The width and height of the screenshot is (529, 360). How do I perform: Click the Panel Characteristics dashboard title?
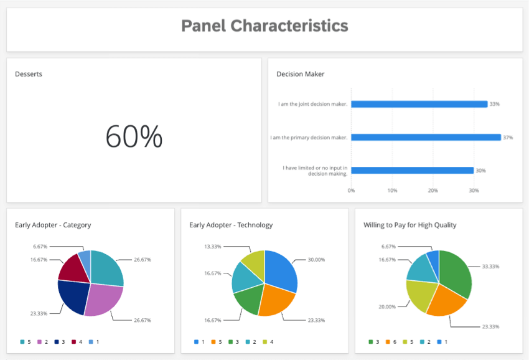point(264,26)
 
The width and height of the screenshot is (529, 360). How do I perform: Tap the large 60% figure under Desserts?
point(134,136)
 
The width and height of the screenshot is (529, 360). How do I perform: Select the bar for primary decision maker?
point(426,137)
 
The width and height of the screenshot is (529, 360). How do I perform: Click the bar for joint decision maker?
point(419,104)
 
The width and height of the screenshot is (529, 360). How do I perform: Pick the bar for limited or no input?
point(413,170)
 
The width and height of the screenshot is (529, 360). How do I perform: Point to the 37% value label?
point(508,138)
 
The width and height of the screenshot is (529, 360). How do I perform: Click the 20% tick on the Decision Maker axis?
point(433,191)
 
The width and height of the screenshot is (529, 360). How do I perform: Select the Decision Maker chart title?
point(300,74)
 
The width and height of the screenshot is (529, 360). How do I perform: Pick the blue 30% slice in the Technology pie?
point(281,271)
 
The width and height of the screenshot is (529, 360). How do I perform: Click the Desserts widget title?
point(29,74)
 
